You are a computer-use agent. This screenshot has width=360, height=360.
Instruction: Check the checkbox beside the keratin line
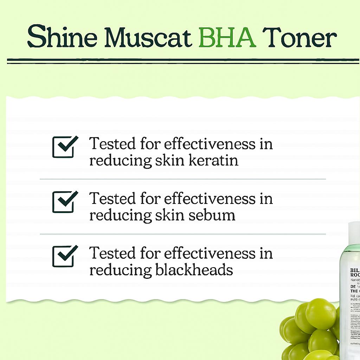tap(64, 147)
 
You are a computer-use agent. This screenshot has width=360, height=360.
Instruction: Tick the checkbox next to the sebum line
tap(64, 202)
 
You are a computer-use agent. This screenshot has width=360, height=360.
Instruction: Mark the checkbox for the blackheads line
tap(64, 256)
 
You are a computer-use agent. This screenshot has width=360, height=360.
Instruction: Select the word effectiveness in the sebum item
tap(210, 199)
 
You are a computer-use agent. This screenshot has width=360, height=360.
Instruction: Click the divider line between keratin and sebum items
tap(183, 179)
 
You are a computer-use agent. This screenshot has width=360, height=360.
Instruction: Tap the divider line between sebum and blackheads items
tap(183, 234)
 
